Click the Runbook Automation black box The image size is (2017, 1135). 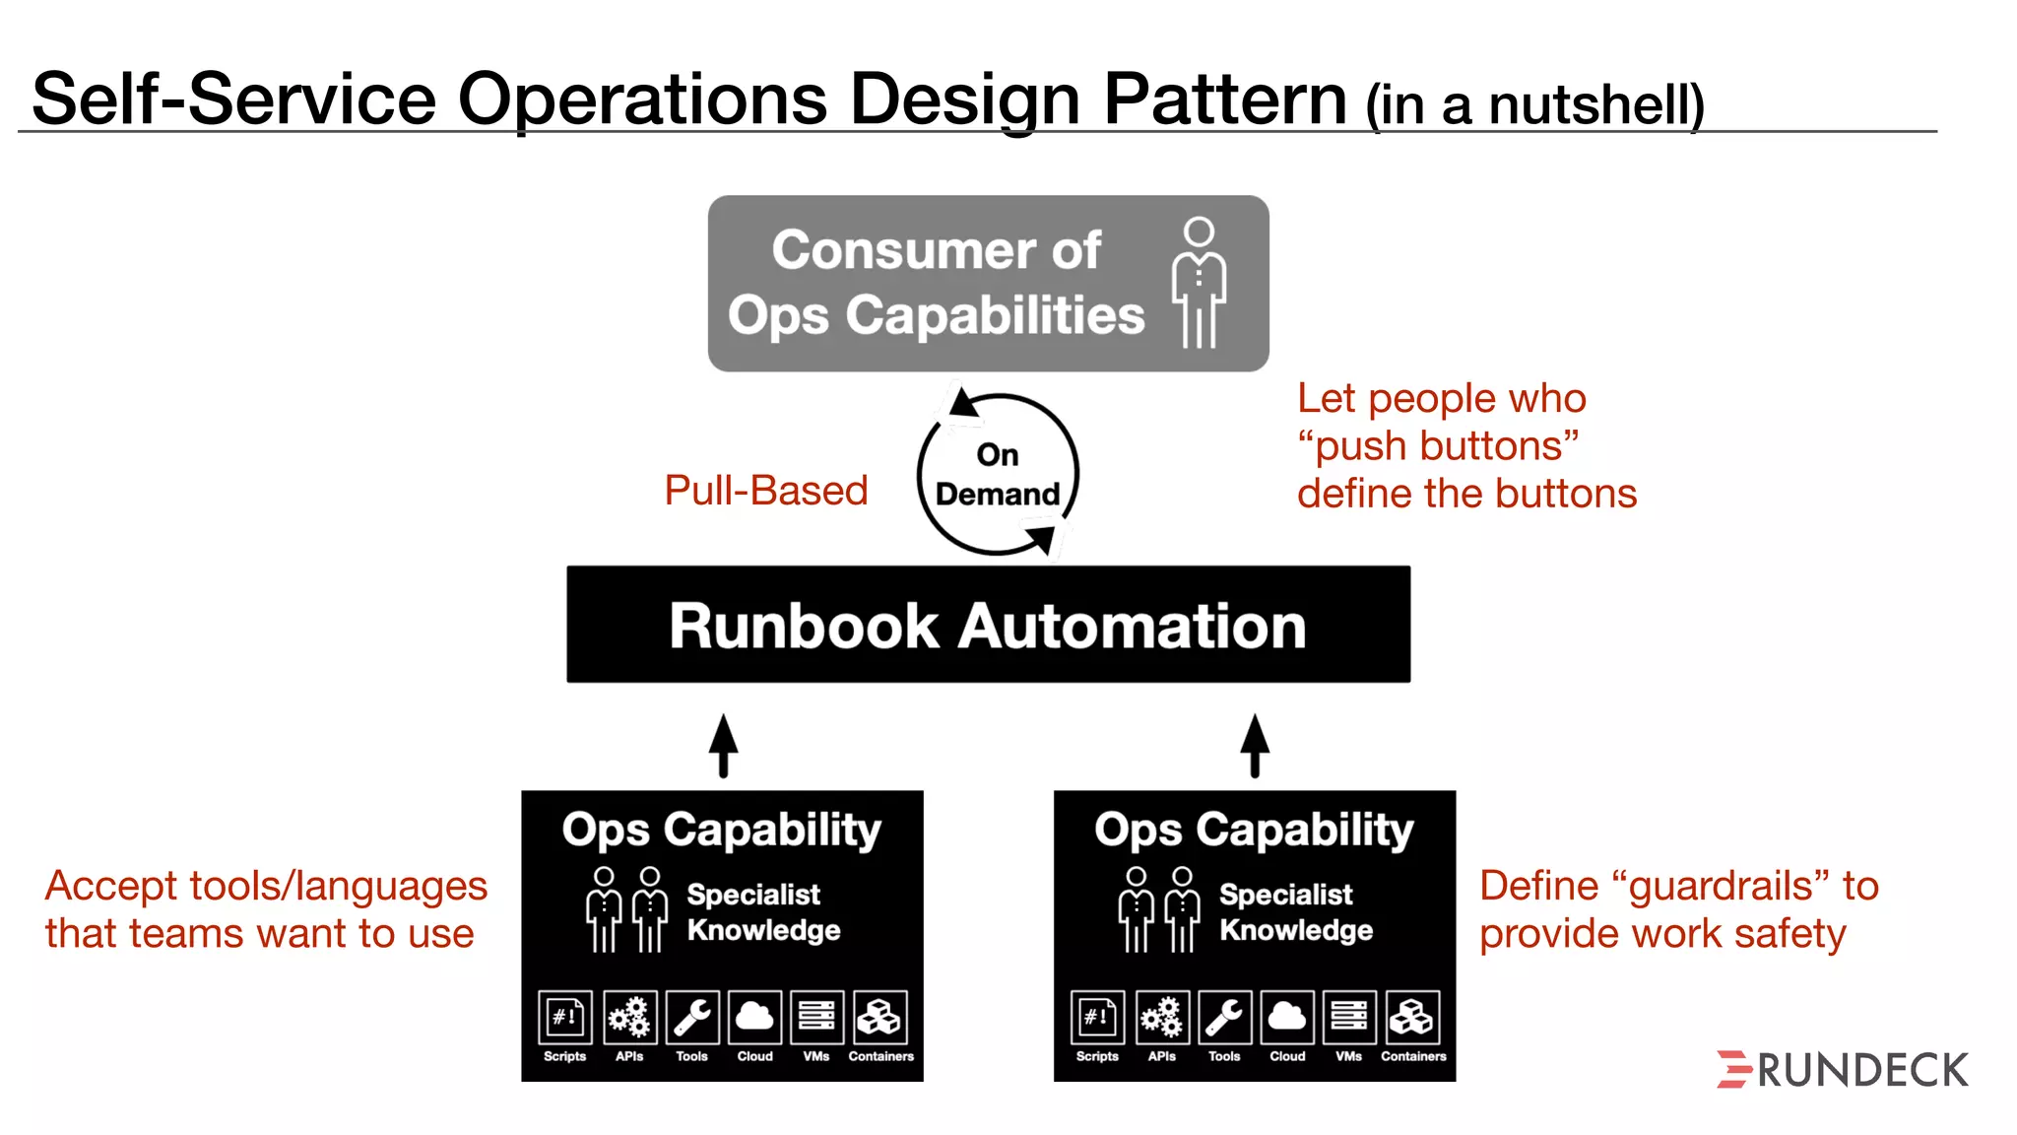(988, 625)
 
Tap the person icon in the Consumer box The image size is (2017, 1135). (1199, 283)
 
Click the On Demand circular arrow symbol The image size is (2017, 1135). (998, 474)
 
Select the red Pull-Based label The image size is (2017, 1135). (765, 491)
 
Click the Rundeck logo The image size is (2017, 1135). (1842, 1070)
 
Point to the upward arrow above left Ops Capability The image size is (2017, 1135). (723, 746)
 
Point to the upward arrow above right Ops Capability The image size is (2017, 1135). (1254, 746)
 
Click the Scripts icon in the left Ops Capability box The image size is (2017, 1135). (565, 1017)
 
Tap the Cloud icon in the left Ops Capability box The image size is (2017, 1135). (754, 1017)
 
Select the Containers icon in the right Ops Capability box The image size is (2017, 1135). (1412, 1017)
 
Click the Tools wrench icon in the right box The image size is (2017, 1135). (1224, 1017)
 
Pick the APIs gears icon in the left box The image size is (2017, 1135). (628, 1017)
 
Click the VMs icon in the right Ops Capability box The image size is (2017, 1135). (1349, 1017)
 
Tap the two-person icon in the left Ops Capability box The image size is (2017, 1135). (626, 909)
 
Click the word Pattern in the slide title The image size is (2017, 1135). (1224, 100)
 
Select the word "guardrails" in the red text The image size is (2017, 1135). (1721, 886)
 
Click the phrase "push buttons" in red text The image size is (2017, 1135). (1438, 446)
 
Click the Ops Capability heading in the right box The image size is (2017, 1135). (1254, 830)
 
